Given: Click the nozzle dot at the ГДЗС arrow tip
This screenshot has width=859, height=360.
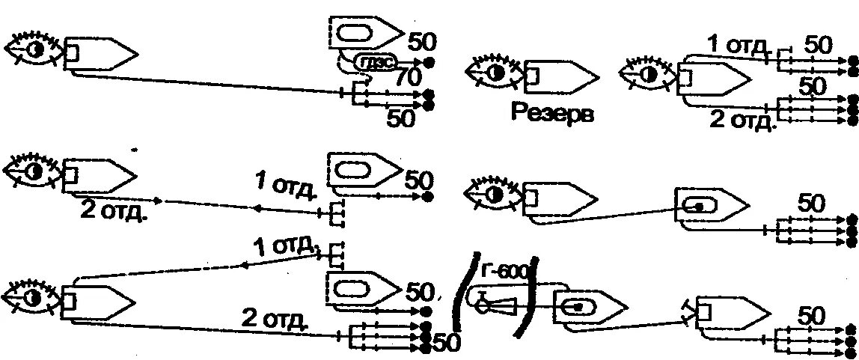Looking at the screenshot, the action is coord(429,63).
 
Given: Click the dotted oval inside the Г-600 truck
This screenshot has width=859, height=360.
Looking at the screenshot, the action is coord(576,306).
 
